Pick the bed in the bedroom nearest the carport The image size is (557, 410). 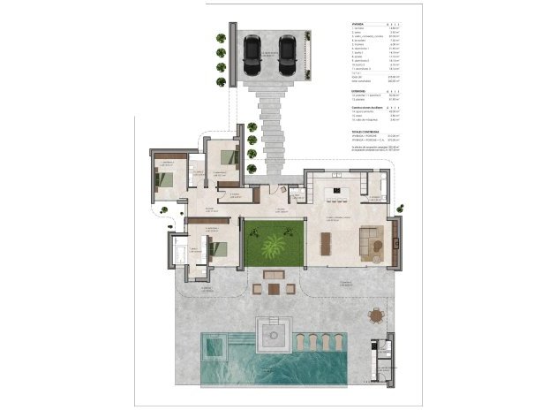[x=229, y=156]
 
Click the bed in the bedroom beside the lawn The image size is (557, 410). [x=220, y=248]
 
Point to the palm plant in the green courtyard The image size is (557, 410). [x=273, y=243]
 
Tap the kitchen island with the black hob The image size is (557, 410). [x=336, y=191]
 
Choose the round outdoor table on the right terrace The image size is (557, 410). [x=379, y=315]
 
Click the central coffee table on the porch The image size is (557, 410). [x=273, y=287]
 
